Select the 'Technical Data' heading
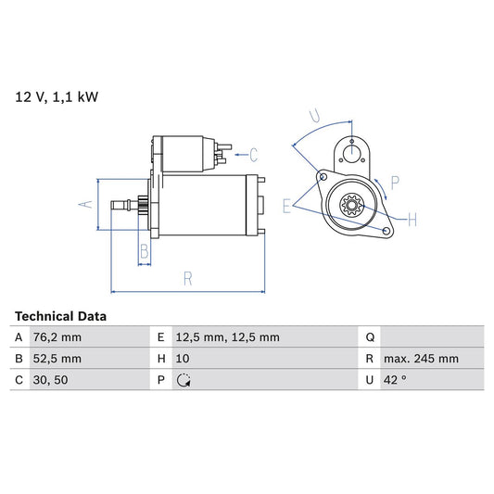[61, 316]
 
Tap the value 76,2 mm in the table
[57, 337]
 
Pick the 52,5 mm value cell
[57, 359]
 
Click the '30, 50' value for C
[49, 380]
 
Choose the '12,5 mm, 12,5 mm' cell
[226, 337]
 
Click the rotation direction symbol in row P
[184, 380]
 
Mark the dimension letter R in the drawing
[187, 277]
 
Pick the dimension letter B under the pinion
[144, 250]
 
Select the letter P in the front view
[395, 183]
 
